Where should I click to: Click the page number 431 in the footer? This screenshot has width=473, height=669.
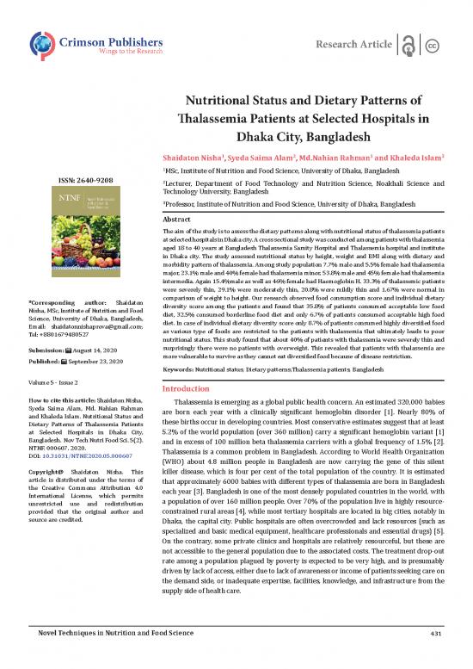[x=435, y=657]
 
